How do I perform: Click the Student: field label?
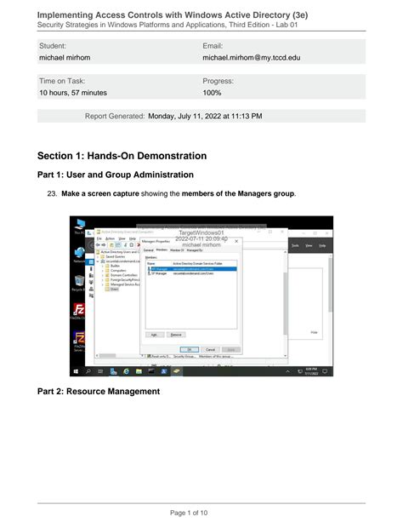pyautogui.click(x=54, y=44)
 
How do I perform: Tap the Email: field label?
pyautogui.click(x=213, y=44)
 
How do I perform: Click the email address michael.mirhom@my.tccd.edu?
pyautogui.click(x=251, y=58)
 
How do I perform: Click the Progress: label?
pyautogui.click(x=219, y=80)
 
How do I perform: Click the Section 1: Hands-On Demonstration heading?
pyautogui.click(x=122, y=156)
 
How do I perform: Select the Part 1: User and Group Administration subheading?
pyautogui.click(x=116, y=175)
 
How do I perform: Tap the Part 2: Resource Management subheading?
pyautogui.click(x=99, y=392)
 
